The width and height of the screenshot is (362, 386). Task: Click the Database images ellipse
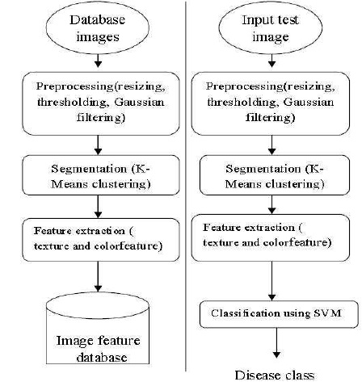pos(98,27)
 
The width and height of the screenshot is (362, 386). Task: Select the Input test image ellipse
pos(271,27)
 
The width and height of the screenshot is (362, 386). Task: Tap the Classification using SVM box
pos(279,314)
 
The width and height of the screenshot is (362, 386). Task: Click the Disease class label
pos(275,375)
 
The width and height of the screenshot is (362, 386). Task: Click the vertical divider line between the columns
pos(186,187)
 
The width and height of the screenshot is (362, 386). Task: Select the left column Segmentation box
pos(101,175)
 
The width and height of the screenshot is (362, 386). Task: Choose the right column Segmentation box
pos(275,175)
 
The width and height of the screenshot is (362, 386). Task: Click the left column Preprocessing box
pos(101,103)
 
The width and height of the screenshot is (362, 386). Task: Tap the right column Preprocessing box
pos(271,103)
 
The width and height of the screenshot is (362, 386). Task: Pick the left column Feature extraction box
pos(101,240)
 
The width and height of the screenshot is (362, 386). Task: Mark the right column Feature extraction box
pos(271,238)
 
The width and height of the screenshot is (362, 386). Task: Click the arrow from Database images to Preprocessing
pos(98,61)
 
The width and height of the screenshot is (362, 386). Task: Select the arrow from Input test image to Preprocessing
pos(271,61)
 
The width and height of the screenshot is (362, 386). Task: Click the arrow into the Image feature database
pos(98,276)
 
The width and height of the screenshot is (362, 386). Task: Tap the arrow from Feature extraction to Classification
pos(271,281)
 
